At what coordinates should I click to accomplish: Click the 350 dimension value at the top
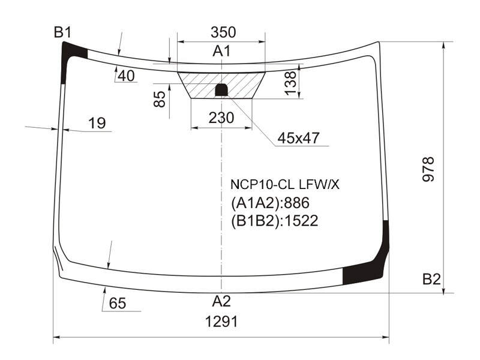223,32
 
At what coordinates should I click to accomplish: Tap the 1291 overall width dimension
221,322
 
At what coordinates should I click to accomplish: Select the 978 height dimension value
428,169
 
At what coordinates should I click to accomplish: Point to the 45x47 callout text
298,138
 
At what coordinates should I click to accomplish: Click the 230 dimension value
221,118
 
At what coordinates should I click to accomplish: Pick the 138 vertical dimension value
290,83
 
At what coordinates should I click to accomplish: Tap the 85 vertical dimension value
160,99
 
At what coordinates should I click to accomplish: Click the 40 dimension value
126,76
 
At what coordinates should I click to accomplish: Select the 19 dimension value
97,123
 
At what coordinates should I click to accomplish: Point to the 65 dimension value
118,304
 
